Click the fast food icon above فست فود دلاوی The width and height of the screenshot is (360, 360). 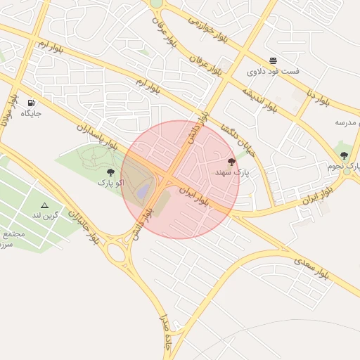click(x=273, y=60)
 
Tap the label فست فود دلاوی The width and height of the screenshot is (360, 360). click(x=273, y=72)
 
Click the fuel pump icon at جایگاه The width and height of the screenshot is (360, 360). click(x=31, y=103)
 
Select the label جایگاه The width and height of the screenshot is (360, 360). click(x=31, y=113)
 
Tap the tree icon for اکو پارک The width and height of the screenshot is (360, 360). click(x=110, y=172)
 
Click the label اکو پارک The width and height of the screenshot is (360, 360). click(x=110, y=183)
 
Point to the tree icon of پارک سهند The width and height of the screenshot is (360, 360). click(x=232, y=162)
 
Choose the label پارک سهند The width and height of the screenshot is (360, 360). click(x=232, y=172)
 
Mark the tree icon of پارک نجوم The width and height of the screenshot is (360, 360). click(x=344, y=155)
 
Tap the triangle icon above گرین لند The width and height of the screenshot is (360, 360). click(x=44, y=205)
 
